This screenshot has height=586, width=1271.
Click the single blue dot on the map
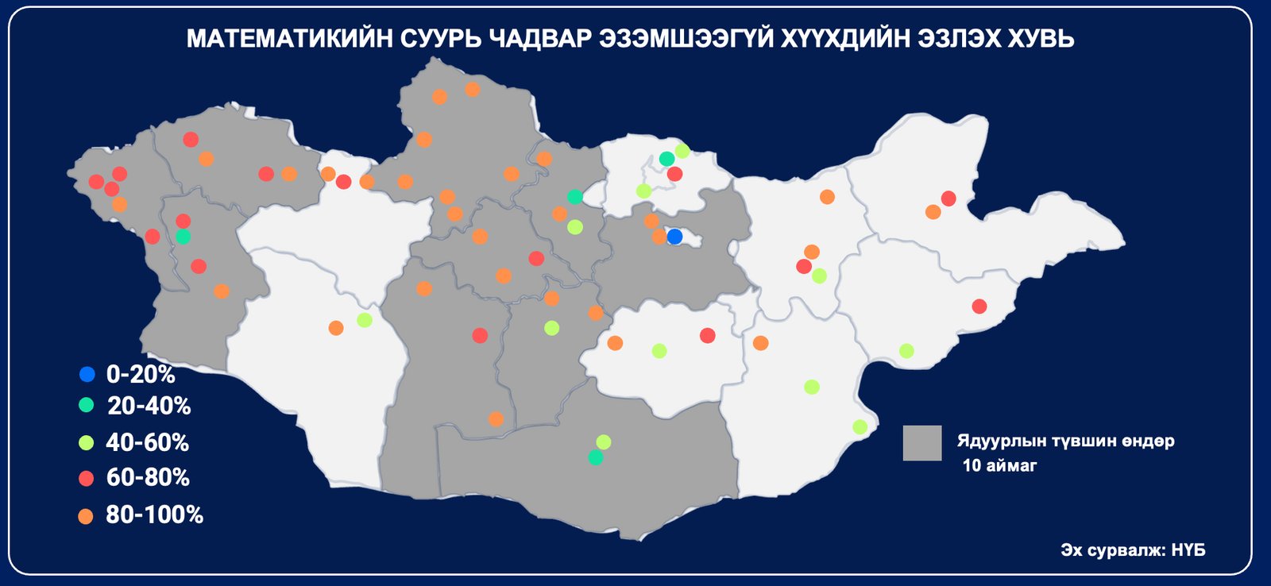click(674, 237)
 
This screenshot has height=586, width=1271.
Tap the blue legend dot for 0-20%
click(87, 374)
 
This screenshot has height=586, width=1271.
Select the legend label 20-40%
click(149, 406)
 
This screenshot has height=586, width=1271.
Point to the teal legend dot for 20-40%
click(87, 406)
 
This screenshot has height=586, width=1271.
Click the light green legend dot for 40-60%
click(87, 442)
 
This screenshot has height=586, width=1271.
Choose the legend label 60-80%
click(148, 477)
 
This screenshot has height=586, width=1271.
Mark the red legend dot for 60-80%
click(87, 478)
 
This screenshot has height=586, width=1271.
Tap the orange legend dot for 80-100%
click(86, 516)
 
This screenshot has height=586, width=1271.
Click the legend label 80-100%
click(155, 515)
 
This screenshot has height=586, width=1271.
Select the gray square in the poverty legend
click(921, 443)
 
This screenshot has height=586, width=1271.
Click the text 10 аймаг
click(999, 466)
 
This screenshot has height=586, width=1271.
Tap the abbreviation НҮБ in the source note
click(1188, 550)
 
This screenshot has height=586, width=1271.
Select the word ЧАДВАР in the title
click(538, 39)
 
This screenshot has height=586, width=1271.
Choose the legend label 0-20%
click(141, 374)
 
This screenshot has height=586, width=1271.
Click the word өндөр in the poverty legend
click(1148, 441)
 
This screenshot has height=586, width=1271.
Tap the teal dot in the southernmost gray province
click(596, 457)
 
